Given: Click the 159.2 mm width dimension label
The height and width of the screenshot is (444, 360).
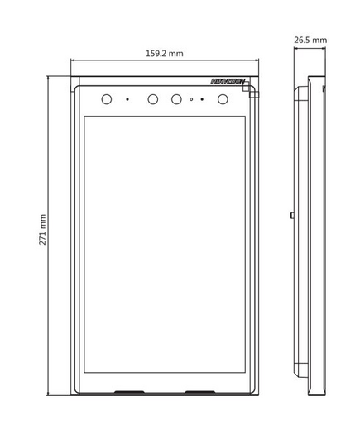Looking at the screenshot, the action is (x=165, y=53).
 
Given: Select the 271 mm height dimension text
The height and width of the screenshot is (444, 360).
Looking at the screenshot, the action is (x=42, y=230).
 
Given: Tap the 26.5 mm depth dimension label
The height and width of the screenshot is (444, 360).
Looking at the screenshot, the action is (x=310, y=40).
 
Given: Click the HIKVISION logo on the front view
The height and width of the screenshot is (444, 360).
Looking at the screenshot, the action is (x=228, y=81).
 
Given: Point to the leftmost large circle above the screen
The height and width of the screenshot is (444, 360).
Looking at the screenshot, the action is (x=107, y=99).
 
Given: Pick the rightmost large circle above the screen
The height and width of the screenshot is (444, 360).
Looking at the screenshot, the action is (x=223, y=99).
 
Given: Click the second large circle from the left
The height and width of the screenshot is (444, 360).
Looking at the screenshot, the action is (x=153, y=99).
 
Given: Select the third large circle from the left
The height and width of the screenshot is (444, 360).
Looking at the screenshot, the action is (x=176, y=99).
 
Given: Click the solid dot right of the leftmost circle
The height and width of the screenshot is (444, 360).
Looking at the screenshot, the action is (x=127, y=99).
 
